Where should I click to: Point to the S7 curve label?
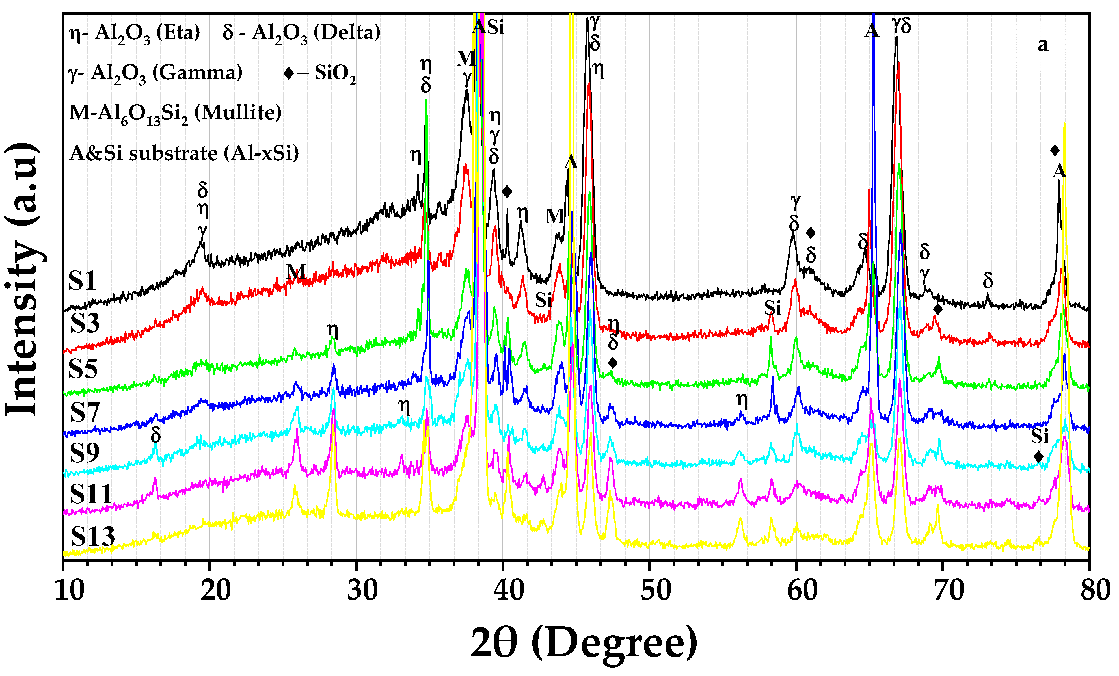pos(85,412)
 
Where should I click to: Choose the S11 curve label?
pos(91,494)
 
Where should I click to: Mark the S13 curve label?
pos(93,536)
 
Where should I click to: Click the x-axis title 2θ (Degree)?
pos(584,643)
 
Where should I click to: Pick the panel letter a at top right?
pos(1043,44)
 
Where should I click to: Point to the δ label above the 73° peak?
pos(988,281)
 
